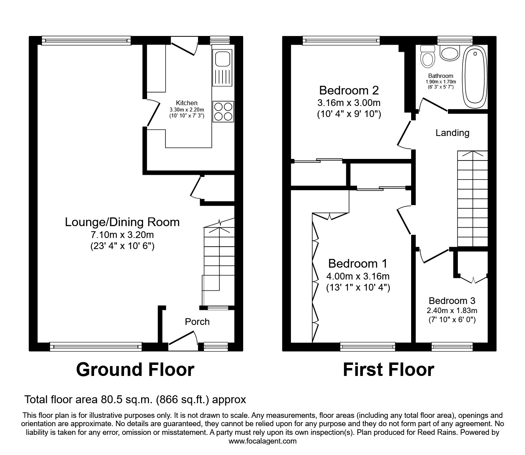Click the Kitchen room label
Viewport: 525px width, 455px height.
click(187, 103)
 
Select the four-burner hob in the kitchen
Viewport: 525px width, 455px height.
click(223, 111)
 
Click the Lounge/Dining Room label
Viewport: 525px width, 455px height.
click(122, 222)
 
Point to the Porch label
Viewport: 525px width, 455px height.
click(197, 322)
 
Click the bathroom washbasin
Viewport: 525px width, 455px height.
click(449, 53)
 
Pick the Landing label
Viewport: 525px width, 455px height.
click(452, 133)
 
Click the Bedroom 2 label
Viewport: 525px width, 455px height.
click(349, 91)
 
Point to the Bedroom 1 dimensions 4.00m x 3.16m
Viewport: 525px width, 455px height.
click(358, 276)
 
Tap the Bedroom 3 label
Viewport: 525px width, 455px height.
click(452, 301)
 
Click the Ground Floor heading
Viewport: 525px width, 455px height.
click(135, 370)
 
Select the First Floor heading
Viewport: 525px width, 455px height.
click(388, 370)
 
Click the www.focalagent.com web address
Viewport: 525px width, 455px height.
click(262, 441)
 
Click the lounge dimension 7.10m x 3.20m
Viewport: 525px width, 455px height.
click(122, 235)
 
